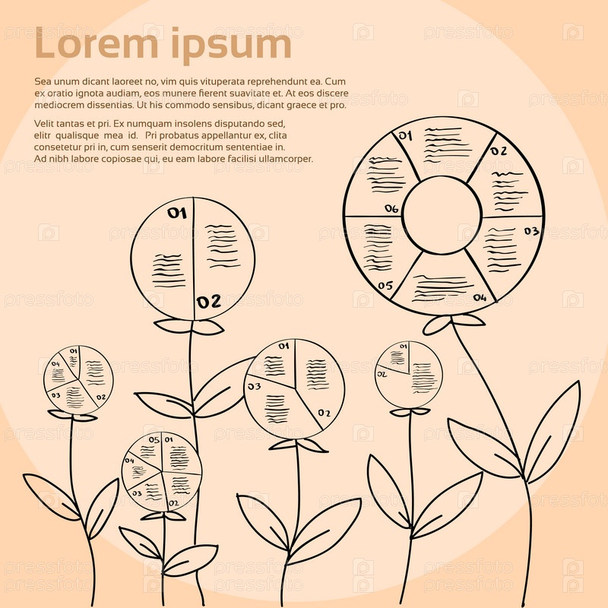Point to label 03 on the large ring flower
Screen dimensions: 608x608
[x=530, y=231]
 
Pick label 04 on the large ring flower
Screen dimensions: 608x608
[x=480, y=298]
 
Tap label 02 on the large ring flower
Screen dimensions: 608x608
[x=498, y=150]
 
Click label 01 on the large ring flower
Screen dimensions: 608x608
[x=405, y=136]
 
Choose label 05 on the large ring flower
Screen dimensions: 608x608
[x=385, y=286]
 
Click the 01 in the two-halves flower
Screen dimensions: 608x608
[x=176, y=214]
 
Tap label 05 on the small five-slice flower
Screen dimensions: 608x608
[x=154, y=440]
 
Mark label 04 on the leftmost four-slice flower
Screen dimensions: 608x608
[x=55, y=364]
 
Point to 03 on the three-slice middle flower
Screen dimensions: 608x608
[x=254, y=387]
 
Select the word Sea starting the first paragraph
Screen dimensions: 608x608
[x=43, y=81]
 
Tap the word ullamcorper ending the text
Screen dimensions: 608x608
[x=284, y=159]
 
